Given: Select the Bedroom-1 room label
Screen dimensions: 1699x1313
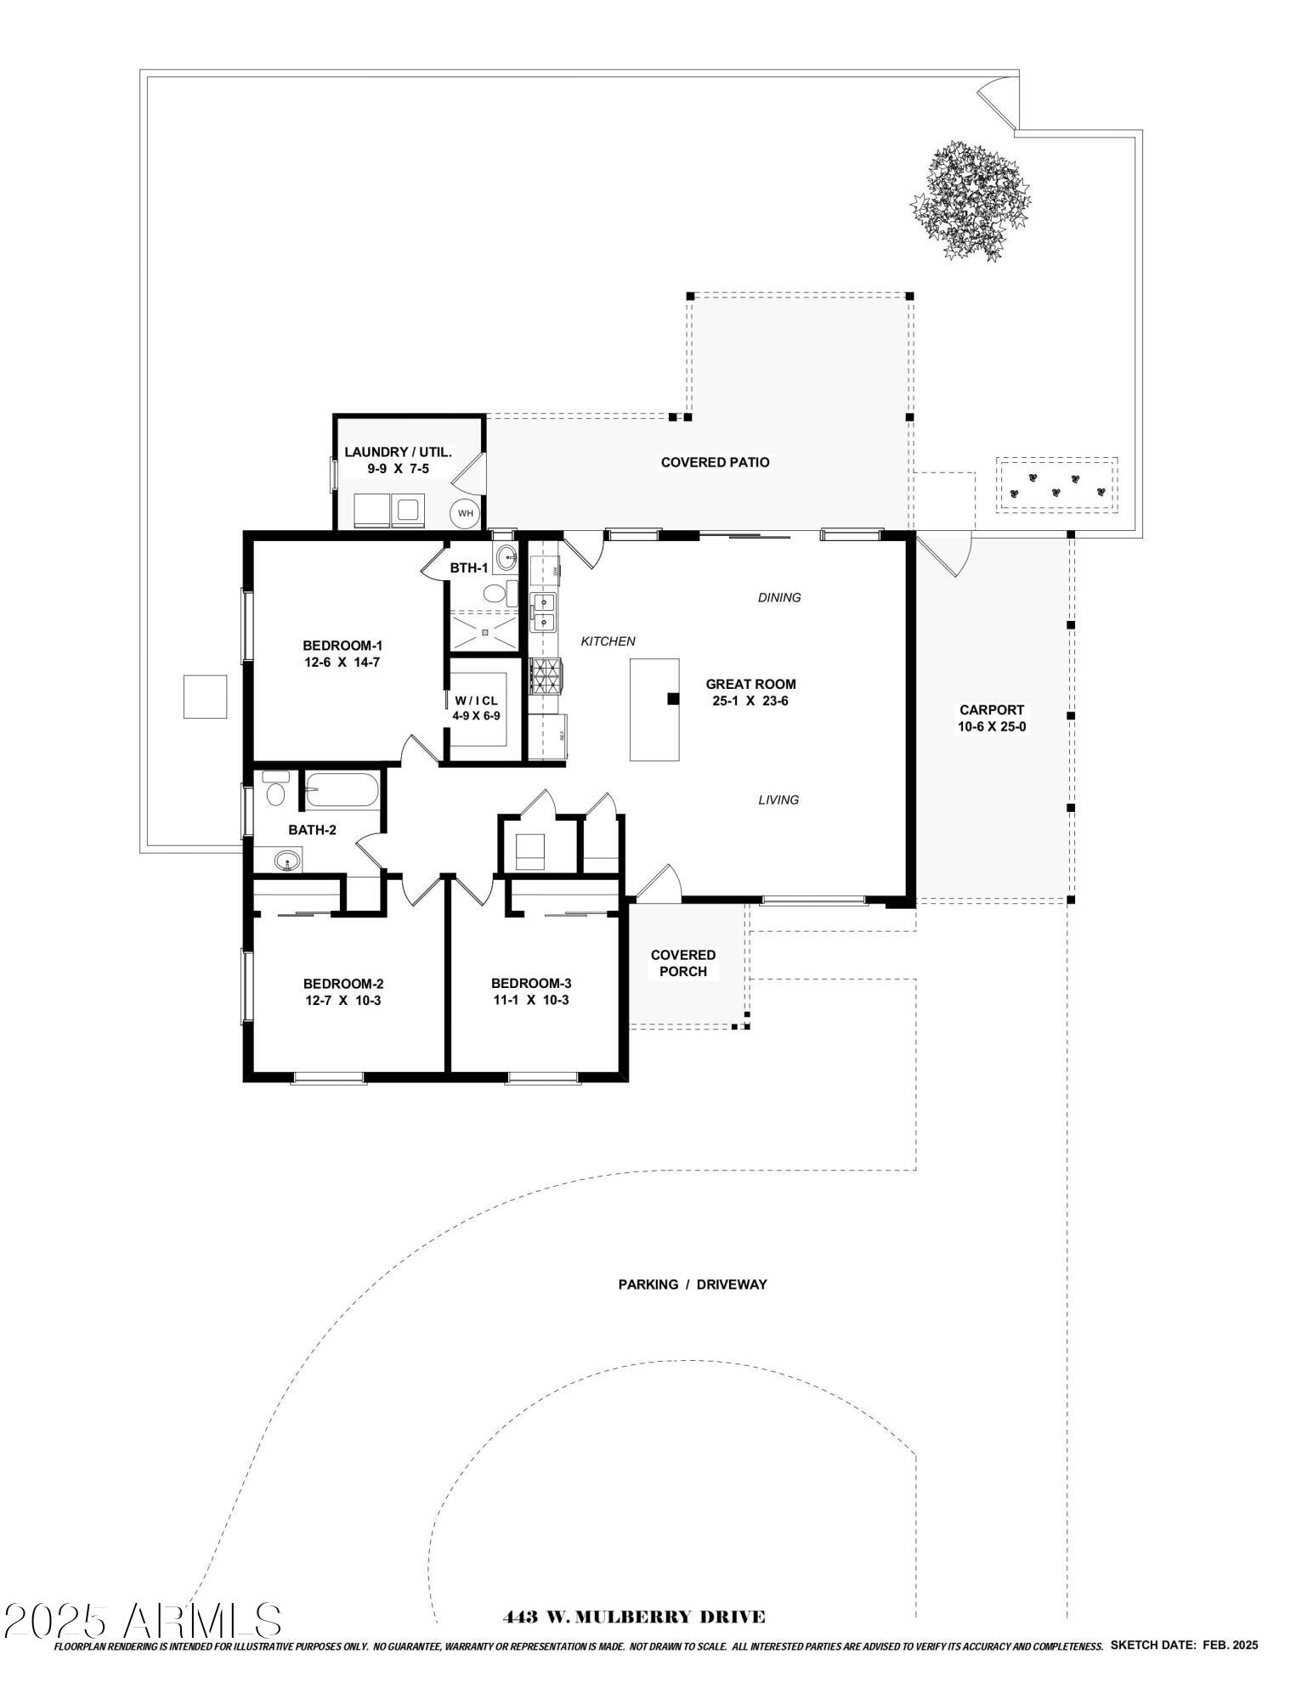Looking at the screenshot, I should point(342,646).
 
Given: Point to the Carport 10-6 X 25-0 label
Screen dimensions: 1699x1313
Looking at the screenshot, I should point(992,718).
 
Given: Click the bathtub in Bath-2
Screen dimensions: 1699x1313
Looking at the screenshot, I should point(342,790).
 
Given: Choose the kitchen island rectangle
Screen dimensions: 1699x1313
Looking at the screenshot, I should point(654,709).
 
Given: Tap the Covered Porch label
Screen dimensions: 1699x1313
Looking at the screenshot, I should point(683,962).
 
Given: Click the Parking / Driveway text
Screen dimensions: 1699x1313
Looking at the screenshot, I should point(693,1284).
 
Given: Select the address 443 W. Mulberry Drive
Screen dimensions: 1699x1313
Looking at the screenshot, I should point(634,1617).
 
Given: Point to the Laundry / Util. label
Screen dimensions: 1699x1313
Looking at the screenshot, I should point(398,453).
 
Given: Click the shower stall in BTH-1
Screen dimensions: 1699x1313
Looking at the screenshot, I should point(483,632).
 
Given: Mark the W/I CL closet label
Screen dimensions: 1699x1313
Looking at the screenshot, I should point(476,701).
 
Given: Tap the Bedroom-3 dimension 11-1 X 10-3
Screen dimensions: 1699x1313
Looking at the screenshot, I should point(530,1000).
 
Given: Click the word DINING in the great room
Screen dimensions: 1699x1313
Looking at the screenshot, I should point(779,597).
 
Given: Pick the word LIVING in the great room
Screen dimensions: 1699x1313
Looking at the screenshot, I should point(778,799).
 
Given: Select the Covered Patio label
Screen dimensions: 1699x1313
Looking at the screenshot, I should point(716,462).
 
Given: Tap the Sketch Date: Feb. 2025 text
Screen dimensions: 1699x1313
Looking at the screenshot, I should point(1184,1645).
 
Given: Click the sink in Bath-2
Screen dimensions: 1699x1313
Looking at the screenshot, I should point(288,862).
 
